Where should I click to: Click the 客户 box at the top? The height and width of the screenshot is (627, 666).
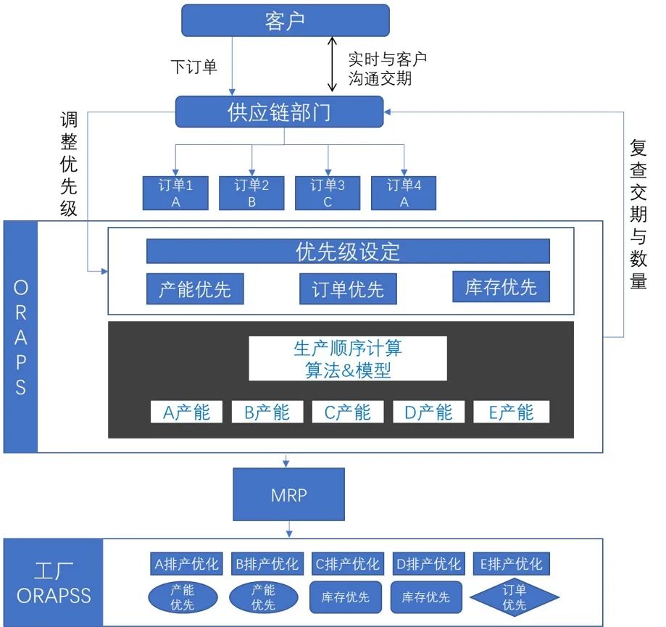click(x=285, y=20)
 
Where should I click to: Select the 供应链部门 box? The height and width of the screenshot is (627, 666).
click(x=280, y=112)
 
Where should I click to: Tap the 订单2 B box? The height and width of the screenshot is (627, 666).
click(x=251, y=193)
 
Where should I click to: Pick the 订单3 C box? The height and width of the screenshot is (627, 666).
click(x=328, y=193)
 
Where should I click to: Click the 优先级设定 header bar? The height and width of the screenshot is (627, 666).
click(x=348, y=252)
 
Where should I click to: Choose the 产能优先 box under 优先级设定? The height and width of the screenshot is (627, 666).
click(x=195, y=289)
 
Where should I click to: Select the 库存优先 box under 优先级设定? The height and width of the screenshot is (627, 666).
click(x=501, y=287)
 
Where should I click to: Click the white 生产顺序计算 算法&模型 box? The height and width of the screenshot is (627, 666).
click(x=348, y=358)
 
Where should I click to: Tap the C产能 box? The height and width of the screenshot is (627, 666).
click(x=347, y=412)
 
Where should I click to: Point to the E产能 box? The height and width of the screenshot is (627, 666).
click(x=511, y=412)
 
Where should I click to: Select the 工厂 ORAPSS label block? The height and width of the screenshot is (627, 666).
click(x=54, y=583)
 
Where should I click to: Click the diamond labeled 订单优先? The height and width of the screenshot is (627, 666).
click(x=515, y=597)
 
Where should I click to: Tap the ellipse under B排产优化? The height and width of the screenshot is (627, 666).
click(x=264, y=597)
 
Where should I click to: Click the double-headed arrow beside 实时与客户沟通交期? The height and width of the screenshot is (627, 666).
click(x=333, y=65)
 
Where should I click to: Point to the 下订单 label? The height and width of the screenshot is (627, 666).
click(x=193, y=67)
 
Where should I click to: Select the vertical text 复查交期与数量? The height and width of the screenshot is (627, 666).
click(x=638, y=215)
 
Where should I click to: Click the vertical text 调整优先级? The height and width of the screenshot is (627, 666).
click(x=69, y=165)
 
